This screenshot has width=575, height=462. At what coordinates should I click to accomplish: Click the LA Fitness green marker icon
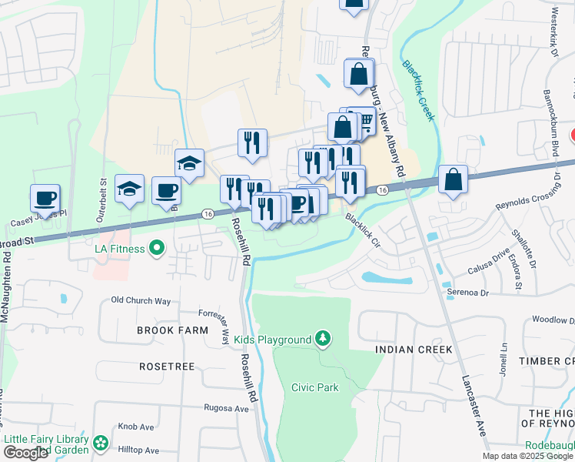pos(158,248)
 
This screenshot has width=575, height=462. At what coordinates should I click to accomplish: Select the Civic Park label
pos(315,387)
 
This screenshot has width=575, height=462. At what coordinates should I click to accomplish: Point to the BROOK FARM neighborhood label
pos(172,330)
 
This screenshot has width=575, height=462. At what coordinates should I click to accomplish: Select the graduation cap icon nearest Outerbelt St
pos(129,189)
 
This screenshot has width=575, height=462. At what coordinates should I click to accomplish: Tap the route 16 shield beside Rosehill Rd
pos(208,213)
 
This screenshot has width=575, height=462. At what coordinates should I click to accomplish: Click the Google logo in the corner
pos(25,453)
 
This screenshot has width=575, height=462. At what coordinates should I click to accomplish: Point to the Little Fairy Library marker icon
pos(101,443)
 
